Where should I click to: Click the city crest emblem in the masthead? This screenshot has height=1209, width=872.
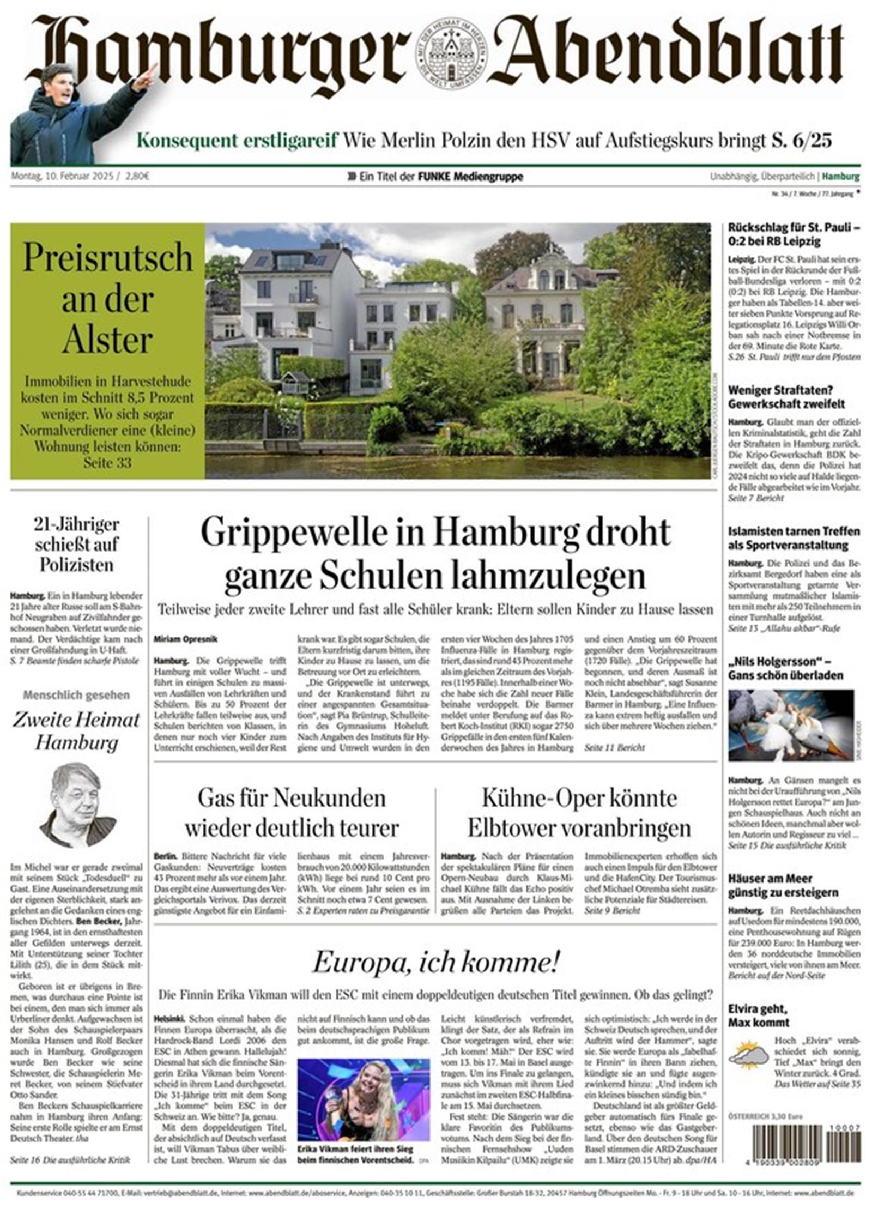click(451, 55)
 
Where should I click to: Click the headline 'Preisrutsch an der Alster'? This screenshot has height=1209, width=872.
click(107, 299)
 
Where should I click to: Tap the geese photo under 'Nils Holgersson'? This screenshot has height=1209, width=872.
click(790, 724)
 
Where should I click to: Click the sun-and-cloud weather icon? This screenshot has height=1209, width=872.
click(748, 1055)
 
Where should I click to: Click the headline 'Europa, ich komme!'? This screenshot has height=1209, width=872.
click(435, 963)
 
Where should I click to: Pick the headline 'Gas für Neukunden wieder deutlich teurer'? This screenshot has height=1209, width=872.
click(292, 813)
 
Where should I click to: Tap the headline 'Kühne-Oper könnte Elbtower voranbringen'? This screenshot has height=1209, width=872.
click(579, 813)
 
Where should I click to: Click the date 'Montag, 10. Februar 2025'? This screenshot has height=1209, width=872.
click(62, 177)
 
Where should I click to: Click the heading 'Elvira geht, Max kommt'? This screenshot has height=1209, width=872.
click(759, 1015)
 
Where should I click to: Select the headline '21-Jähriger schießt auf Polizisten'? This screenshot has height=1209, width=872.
click(76, 544)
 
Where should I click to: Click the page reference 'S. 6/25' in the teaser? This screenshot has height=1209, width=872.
click(801, 141)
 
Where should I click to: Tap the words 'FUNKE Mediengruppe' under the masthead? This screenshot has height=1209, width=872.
click(470, 177)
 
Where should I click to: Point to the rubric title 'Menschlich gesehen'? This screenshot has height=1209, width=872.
click(76, 695)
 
